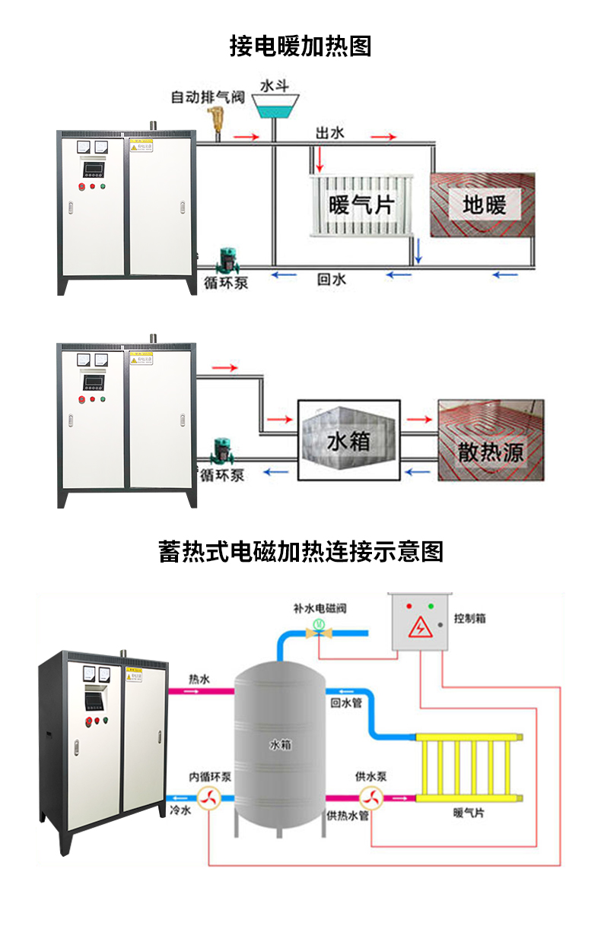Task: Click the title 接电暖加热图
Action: click(300, 46)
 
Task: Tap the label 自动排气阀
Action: click(207, 97)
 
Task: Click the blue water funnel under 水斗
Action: click(274, 106)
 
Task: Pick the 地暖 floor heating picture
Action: click(484, 204)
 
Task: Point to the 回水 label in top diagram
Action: click(331, 280)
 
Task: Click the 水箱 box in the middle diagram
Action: click(348, 441)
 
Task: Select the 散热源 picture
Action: click(491, 441)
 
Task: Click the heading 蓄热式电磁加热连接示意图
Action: click(300, 551)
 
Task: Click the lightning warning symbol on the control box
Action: click(418, 628)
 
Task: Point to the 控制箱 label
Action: click(469, 619)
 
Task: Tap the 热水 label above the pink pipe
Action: click(199, 680)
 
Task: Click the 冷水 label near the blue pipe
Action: click(180, 812)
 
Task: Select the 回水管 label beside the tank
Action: click(345, 704)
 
